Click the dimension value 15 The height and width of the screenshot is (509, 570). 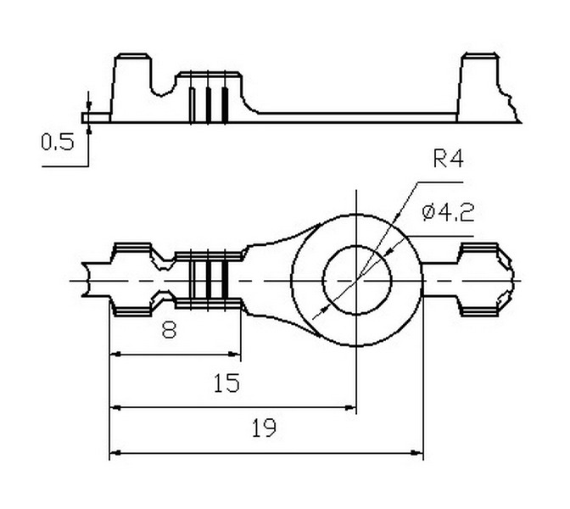point(226,383)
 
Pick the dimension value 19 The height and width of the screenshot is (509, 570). point(264,429)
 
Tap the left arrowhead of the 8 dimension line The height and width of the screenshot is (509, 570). point(116,355)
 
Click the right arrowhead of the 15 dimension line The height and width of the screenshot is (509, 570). point(351,407)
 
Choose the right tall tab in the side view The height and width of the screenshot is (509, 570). point(479,85)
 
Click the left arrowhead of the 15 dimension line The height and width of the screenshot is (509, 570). point(116,407)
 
